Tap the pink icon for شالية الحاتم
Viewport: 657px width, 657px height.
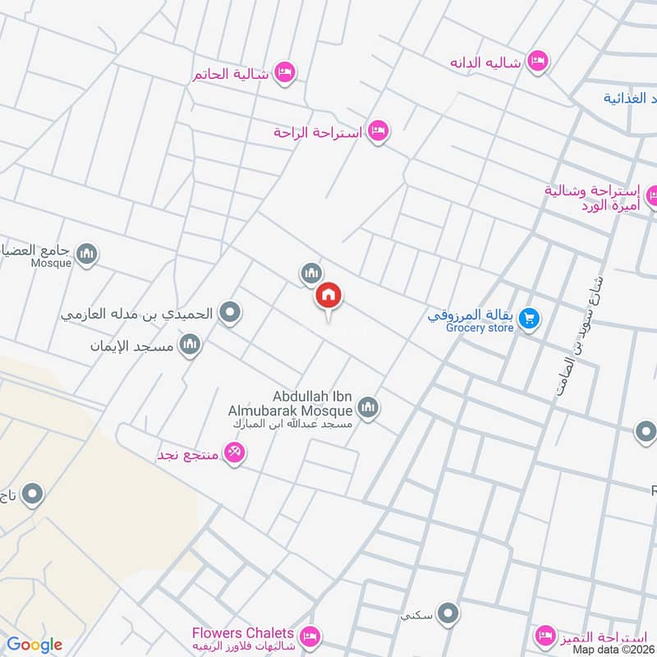284,72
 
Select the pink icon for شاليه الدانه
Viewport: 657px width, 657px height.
537,62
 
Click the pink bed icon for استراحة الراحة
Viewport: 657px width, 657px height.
377,131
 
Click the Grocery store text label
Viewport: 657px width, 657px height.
480,328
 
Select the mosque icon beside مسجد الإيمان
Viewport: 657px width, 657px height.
191,345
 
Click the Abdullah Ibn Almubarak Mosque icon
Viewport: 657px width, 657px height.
367,407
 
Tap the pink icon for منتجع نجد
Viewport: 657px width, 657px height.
234,453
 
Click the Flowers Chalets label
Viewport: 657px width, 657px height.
242,633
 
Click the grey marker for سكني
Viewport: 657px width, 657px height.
448,613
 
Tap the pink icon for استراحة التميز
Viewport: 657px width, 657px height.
544,635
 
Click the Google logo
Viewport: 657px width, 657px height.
34,645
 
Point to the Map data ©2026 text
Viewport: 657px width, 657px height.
613,650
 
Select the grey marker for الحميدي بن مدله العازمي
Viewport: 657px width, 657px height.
232,313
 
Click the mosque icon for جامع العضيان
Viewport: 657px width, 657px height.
87,255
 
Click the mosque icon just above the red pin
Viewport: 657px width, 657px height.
310,273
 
